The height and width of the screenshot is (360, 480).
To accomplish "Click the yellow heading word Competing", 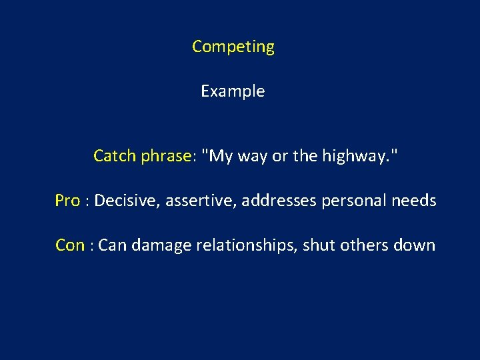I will tap(233, 47).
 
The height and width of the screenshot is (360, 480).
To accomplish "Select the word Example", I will tap(233, 91).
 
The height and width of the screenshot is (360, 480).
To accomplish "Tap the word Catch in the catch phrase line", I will tap(115, 156).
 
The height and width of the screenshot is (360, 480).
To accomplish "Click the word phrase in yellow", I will tap(166, 157).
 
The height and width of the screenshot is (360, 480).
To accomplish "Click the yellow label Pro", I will tap(67, 201).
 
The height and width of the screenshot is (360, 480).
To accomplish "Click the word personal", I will tap(352, 201).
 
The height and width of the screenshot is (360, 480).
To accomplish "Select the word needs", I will tap(415, 201).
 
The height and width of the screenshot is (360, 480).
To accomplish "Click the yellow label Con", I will tap(69, 245).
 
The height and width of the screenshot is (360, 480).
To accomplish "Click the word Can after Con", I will tap(112, 245).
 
